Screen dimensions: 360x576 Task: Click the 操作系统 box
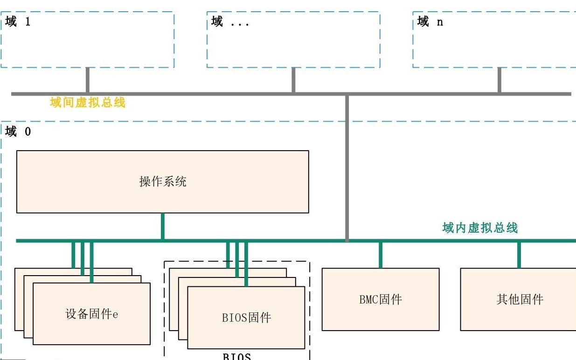162,181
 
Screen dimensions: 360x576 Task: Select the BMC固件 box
380,299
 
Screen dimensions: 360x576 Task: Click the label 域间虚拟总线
88,103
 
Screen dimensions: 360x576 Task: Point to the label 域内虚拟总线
480,228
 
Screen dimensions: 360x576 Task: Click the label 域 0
18,132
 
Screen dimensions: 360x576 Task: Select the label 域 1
18,21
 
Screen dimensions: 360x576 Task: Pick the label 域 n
430,21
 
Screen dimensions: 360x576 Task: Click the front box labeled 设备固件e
91,314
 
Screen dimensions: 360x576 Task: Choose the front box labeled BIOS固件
246,318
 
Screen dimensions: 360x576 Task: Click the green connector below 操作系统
162,227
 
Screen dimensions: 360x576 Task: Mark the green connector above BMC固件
380,255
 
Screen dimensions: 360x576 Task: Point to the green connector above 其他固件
519,255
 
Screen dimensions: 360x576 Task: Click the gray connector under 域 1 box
87,80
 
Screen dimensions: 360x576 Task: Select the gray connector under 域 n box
499,80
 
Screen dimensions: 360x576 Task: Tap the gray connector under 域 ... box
293,80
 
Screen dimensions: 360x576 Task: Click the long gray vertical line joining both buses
347,168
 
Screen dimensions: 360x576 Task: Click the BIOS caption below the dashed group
237,357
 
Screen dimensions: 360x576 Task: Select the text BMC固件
380,299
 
